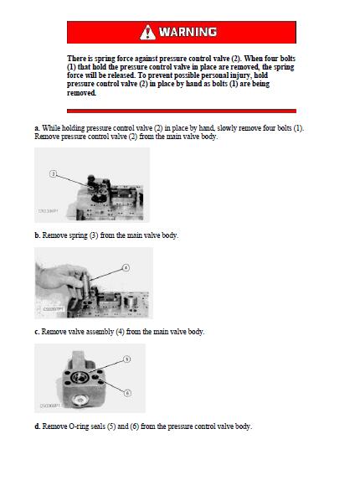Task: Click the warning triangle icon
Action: coord(147,33)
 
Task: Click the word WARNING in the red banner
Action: coord(188,32)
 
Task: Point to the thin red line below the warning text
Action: coord(182,111)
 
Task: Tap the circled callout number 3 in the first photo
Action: coord(53,173)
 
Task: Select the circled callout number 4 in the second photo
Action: coord(126,268)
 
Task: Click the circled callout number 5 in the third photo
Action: coord(126,359)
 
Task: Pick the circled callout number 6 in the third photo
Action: coord(127,393)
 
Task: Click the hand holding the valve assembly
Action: coord(59,277)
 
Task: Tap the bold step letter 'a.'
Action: coord(38,128)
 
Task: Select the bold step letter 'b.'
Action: coord(38,235)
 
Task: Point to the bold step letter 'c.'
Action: coord(38,332)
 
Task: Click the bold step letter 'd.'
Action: coord(38,426)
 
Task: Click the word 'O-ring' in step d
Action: coord(69,426)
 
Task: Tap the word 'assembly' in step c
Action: coord(100,332)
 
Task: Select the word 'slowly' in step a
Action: coord(227,128)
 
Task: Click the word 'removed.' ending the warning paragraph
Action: coord(81,93)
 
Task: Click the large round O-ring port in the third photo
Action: coord(79,377)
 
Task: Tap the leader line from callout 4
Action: coord(106,275)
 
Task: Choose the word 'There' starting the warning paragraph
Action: coord(76,59)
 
